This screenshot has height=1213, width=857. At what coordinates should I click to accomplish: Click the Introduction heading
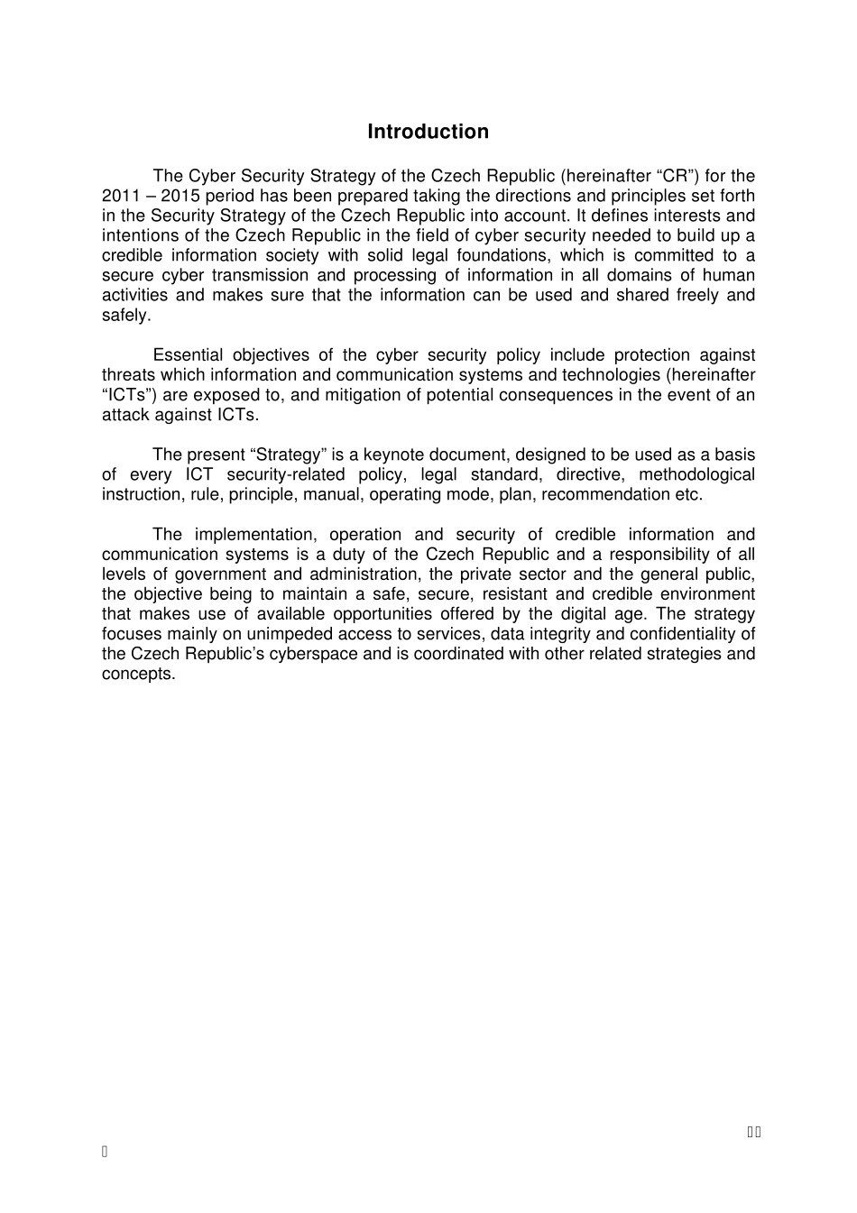(428, 132)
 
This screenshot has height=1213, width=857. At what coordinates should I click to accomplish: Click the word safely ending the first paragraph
(125, 315)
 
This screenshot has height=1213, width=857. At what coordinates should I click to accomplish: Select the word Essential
(188, 355)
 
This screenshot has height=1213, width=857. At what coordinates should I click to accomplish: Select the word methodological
(696, 474)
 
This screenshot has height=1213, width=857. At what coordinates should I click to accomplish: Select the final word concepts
(137, 674)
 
